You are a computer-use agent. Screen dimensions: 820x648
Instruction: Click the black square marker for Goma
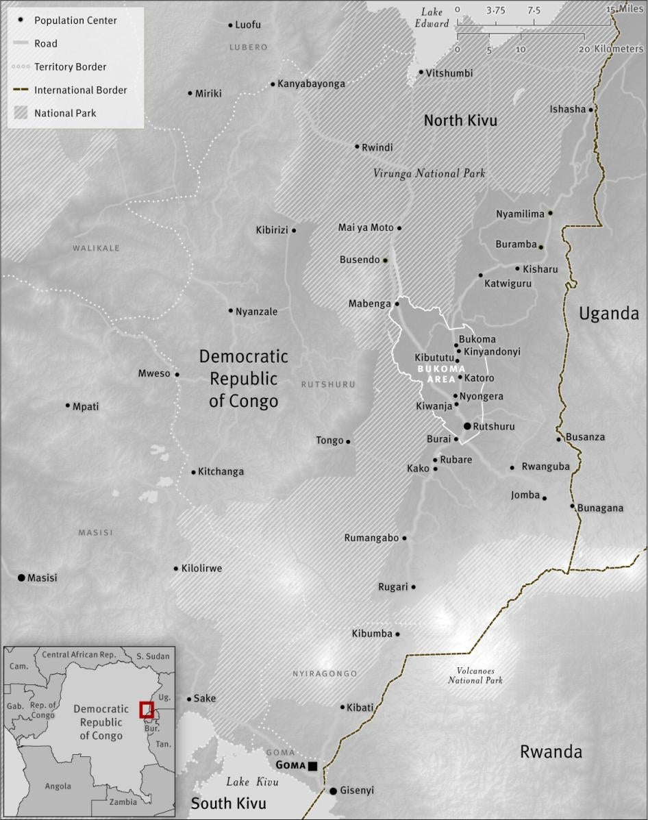(313, 765)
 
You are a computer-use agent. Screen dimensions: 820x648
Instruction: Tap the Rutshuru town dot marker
(467, 426)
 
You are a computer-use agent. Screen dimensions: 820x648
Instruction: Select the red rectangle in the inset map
(146, 710)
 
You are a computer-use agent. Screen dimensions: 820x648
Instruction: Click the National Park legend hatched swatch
(21, 113)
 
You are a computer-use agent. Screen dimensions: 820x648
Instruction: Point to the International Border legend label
(80, 90)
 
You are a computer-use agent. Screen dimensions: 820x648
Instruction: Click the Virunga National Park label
(429, 173)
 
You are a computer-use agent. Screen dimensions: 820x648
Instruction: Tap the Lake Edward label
(433, 18)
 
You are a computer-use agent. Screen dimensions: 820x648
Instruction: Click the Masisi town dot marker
(21, 578)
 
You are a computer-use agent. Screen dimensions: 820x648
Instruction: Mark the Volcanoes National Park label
(475, 675)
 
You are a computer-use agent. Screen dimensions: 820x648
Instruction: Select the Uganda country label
(608, 314)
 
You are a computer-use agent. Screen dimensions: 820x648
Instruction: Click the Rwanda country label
(551, 751)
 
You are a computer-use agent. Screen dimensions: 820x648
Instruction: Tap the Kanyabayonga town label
(311, 84)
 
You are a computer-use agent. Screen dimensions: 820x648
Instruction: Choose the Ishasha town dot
(590, 109)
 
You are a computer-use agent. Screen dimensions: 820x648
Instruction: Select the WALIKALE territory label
(96, 248)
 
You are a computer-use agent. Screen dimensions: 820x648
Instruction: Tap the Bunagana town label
(601, 508)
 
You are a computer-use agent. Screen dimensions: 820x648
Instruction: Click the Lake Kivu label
(253, 782)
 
